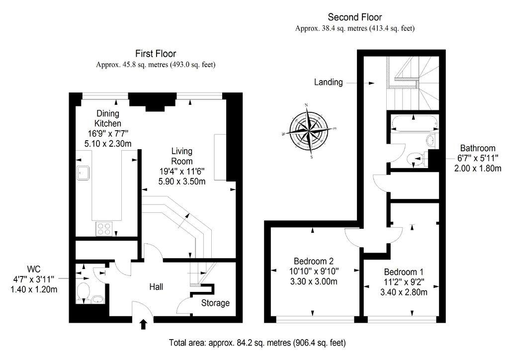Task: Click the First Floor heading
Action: [156, 54]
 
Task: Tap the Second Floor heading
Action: [355, 17]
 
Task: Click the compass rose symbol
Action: [308, 130]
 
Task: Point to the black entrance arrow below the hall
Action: [143, 324]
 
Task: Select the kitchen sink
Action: [83, 173]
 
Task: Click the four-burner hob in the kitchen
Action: [104, 229]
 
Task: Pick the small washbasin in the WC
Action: [98, 299]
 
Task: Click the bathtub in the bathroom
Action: [413, 124]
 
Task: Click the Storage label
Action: [215, 303]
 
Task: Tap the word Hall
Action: [156, 286]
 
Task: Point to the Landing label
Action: [328, 82]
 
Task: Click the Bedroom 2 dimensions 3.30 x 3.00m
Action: [314, 281]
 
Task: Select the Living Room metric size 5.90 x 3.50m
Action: [182, 181]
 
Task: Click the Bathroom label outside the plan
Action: [478, 148]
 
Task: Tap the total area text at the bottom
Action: [257, 343]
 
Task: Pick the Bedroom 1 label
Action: [404, 271]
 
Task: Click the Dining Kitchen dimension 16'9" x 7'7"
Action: [108, 133]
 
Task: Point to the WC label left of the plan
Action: [34, 269]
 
